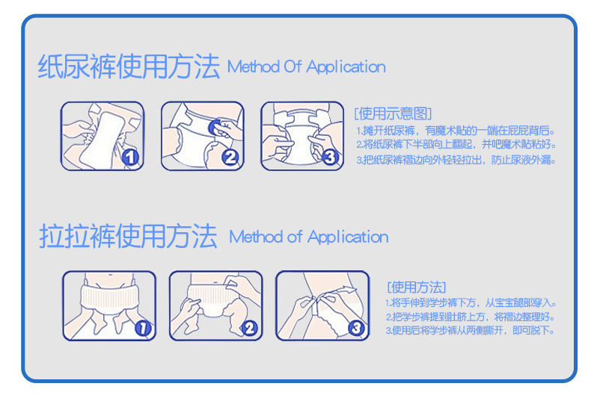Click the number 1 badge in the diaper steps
pyautogui.click(x=130, y=157)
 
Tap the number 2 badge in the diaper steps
pyautogui.click(x=230, y=158)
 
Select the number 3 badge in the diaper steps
pyautogui.click(x=330, y=157)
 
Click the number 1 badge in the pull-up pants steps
pyautogui.click(x=143, y=328)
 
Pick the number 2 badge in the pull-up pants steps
pyautogui.click(x=249, y=328)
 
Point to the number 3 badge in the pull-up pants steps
pyautogui.click(x=356, y=328)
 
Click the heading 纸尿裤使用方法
pyautogui.click(x=129, y=66)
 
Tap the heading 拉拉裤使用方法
pyautogui.click(x=128, y=236)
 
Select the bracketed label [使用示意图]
pyautogui.click(x=393, y=114)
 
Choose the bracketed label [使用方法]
pyautogui.click(x=417, y=287)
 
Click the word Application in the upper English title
pyautogui.click(x=346, y=67)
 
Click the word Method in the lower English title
pyautogui.click(x=256, y=237)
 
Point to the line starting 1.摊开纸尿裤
pyautogui.click(x=456, y=131)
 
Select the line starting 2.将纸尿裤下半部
pyautogui.click(x=456, y=144)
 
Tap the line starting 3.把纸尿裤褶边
pyautogui.click(x=456, y=160)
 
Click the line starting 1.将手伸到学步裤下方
pyautogui.click(x=471, y=303)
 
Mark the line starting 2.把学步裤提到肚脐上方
pyautogui.click(x=471, y=317)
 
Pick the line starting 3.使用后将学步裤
pyautogui.click(x=471, y=330)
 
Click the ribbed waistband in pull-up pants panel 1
pyautogui.click(x=110, y=299)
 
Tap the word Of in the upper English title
pyautogui.click(x=293, y=66)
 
